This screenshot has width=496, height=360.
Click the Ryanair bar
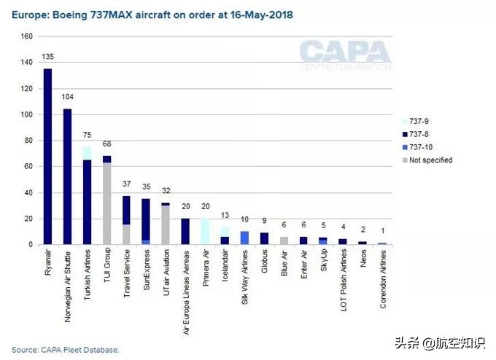tap(48, 157)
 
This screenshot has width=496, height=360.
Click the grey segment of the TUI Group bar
tap(106, 204)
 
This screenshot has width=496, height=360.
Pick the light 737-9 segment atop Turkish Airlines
tap(88, 153)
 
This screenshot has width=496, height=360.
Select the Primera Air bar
tap(205, 232)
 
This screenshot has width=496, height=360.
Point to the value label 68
tap(106, 144)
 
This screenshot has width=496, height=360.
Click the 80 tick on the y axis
tap(28, 141)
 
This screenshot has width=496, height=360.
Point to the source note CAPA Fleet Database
tap(65, 349)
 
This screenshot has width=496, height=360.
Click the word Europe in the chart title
tap(27, 15)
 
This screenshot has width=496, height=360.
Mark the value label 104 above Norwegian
tap(68, 97)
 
